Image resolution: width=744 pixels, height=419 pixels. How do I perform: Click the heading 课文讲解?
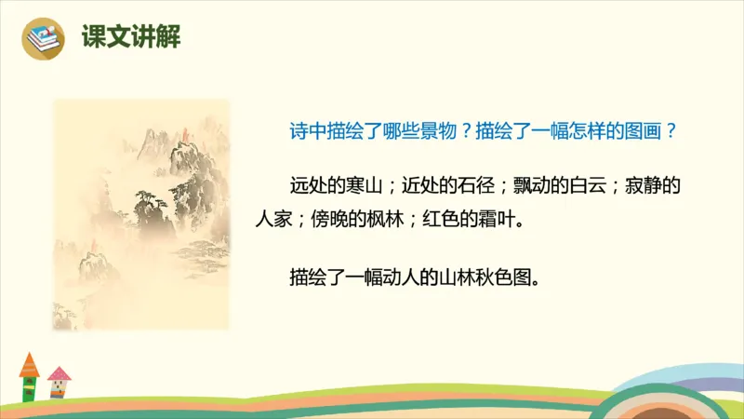[130, 37]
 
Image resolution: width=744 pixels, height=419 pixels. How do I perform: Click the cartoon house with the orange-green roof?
[30, 376]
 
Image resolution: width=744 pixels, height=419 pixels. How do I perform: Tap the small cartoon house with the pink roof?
[59, 383]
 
